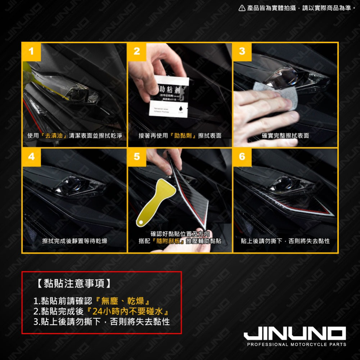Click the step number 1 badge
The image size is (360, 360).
31,51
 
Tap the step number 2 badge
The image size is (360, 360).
137,51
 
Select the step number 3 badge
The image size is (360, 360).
242,51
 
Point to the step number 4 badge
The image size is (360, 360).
31,157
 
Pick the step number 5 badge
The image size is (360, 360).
137,157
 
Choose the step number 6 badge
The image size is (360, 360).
242,157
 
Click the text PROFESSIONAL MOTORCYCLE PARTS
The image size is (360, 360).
296,345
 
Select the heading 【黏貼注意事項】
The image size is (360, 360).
74,284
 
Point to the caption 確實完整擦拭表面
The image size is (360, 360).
285,136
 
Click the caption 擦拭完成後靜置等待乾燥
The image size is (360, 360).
75,241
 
